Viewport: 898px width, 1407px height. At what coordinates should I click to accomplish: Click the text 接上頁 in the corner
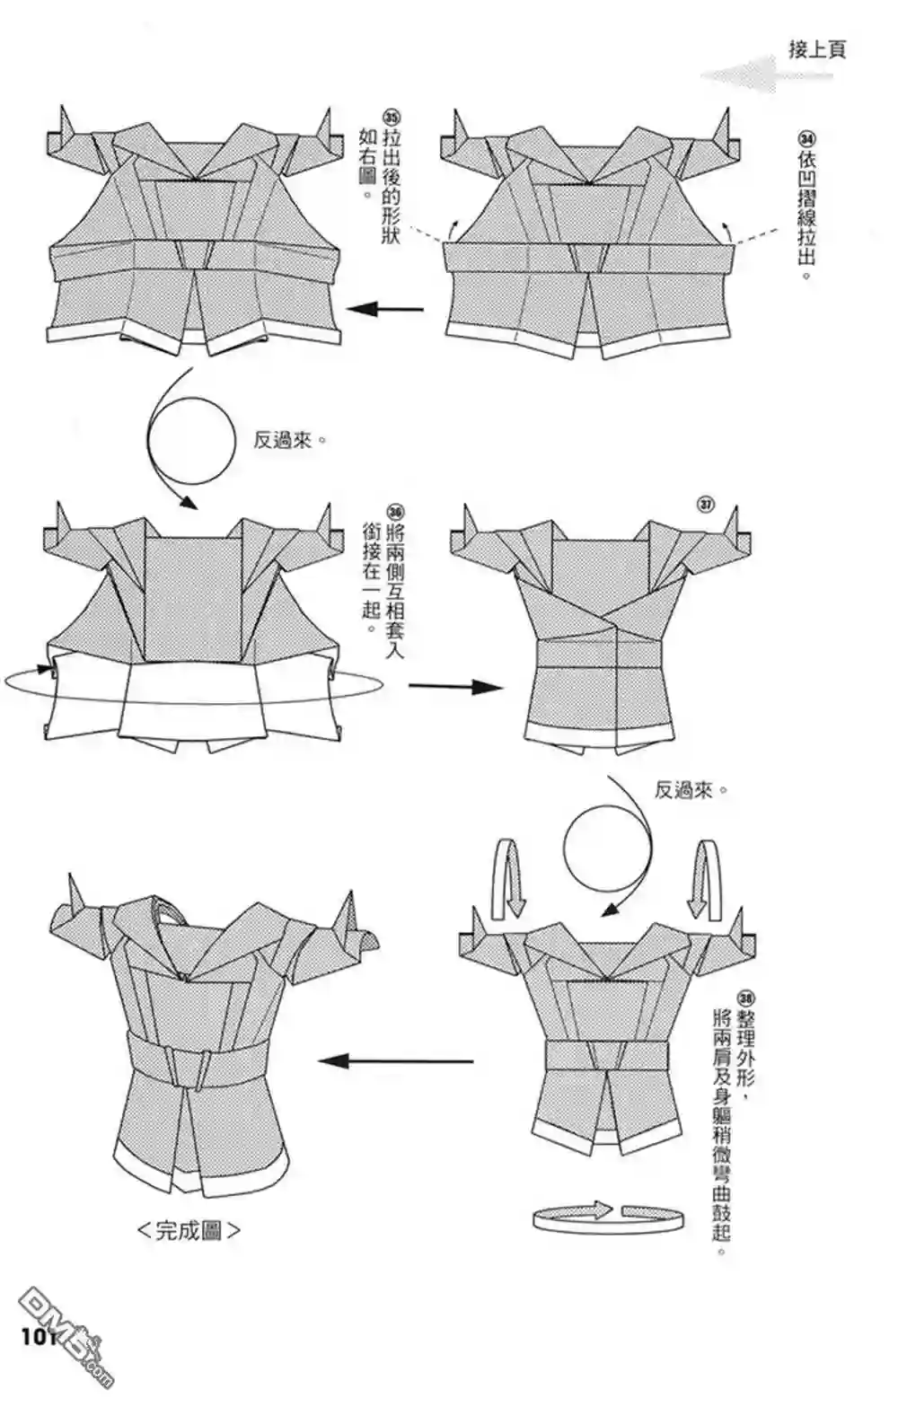(x=816, y=49)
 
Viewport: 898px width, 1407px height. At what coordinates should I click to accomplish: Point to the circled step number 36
(x=394, y=511)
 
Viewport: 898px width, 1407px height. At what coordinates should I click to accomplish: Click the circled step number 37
(x=707, y=505)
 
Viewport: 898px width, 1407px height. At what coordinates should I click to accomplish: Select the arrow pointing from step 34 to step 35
(x=384, y=309)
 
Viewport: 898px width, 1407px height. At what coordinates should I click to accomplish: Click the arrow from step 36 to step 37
(x=455, y=687)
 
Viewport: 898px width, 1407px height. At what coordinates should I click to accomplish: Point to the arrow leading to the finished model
(x=396, y=1061)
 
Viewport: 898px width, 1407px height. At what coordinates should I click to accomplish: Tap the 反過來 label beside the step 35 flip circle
(x=289, y=440)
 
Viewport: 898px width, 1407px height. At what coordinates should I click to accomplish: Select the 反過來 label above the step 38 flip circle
(x=691, y=789)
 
